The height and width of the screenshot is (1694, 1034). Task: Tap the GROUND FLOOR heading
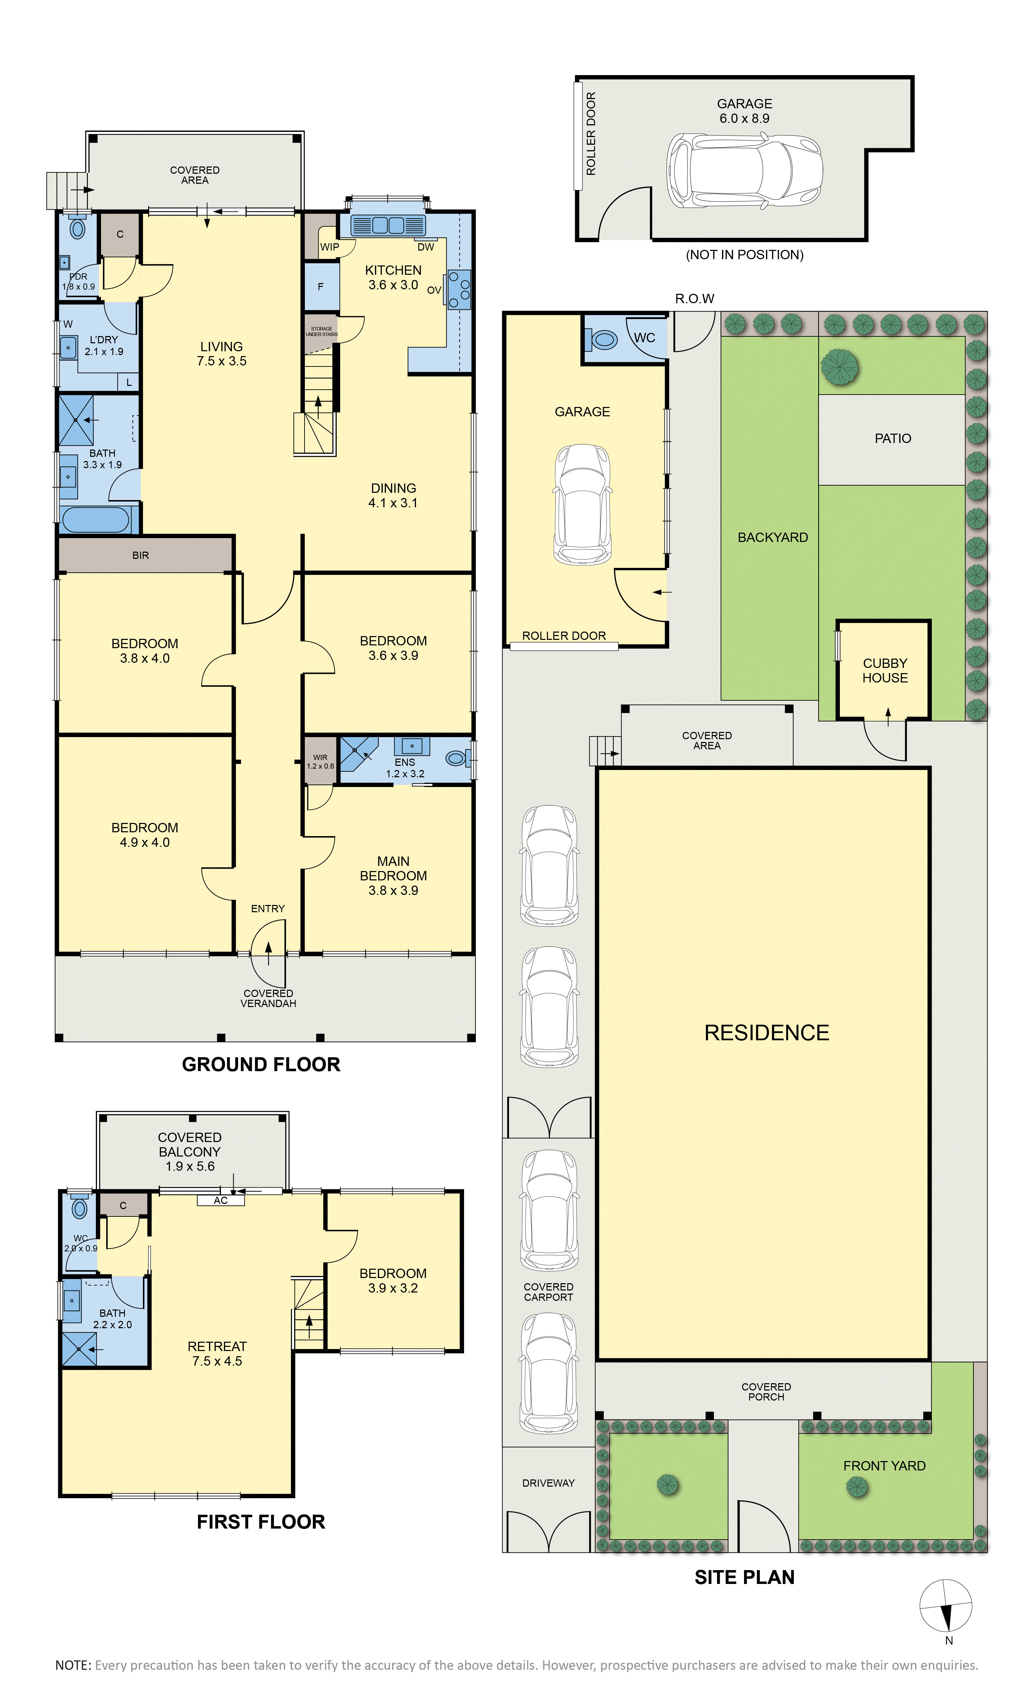(261, 1065)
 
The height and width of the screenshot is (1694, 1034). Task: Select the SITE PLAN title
(745, 1577)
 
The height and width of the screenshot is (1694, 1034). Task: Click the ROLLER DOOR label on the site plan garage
(564, 636)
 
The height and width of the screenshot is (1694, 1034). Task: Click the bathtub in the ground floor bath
(95, 520)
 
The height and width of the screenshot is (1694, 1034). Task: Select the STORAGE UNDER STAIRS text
(322, 332)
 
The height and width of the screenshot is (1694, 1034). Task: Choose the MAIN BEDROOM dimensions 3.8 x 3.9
(393, 890)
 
